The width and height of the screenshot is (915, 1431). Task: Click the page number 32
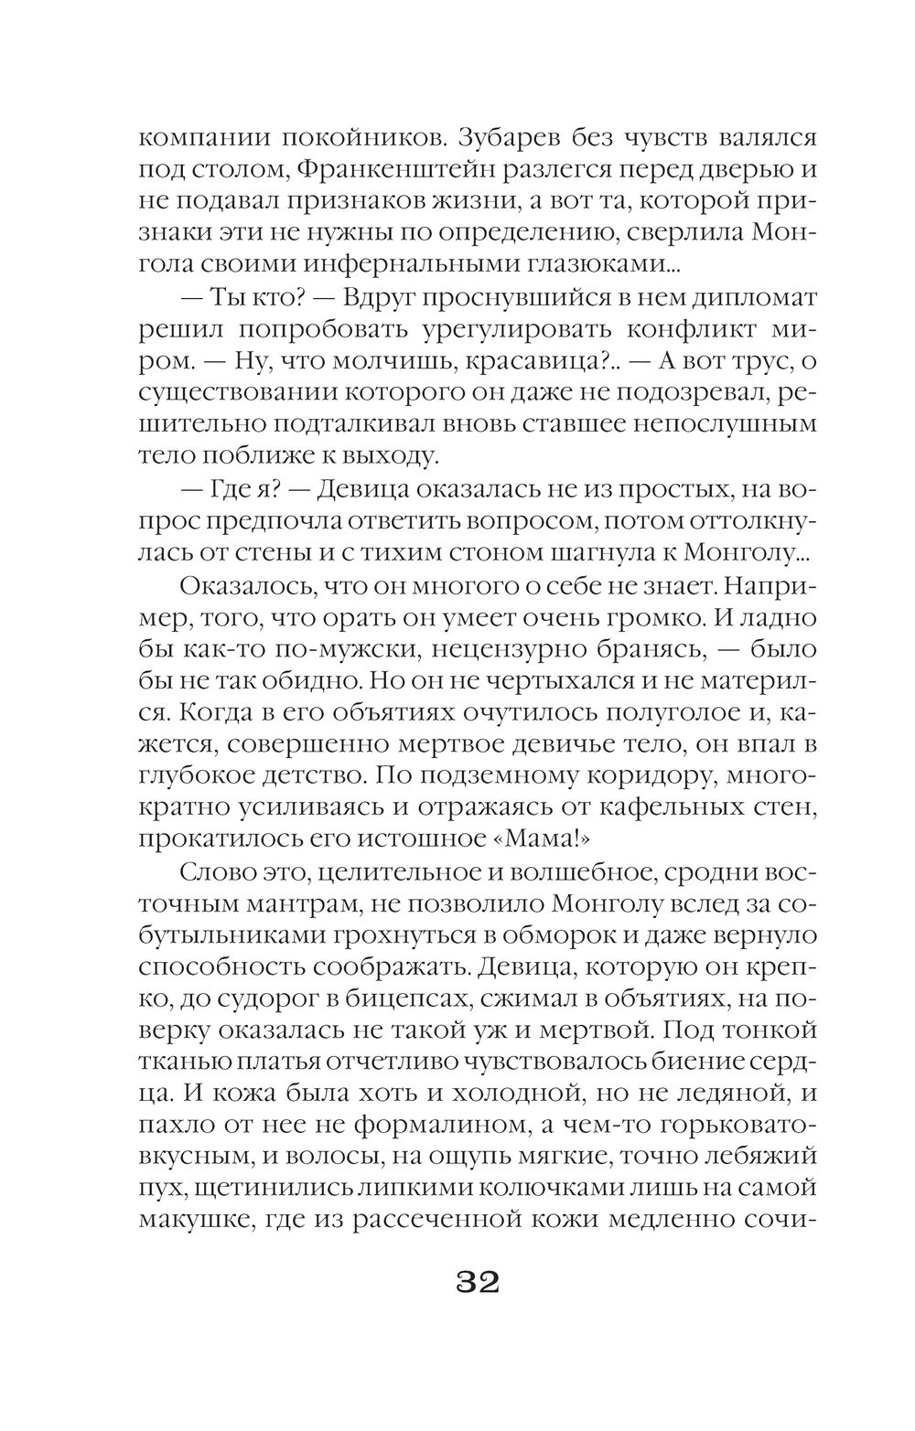click(x=476, y=1282)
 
